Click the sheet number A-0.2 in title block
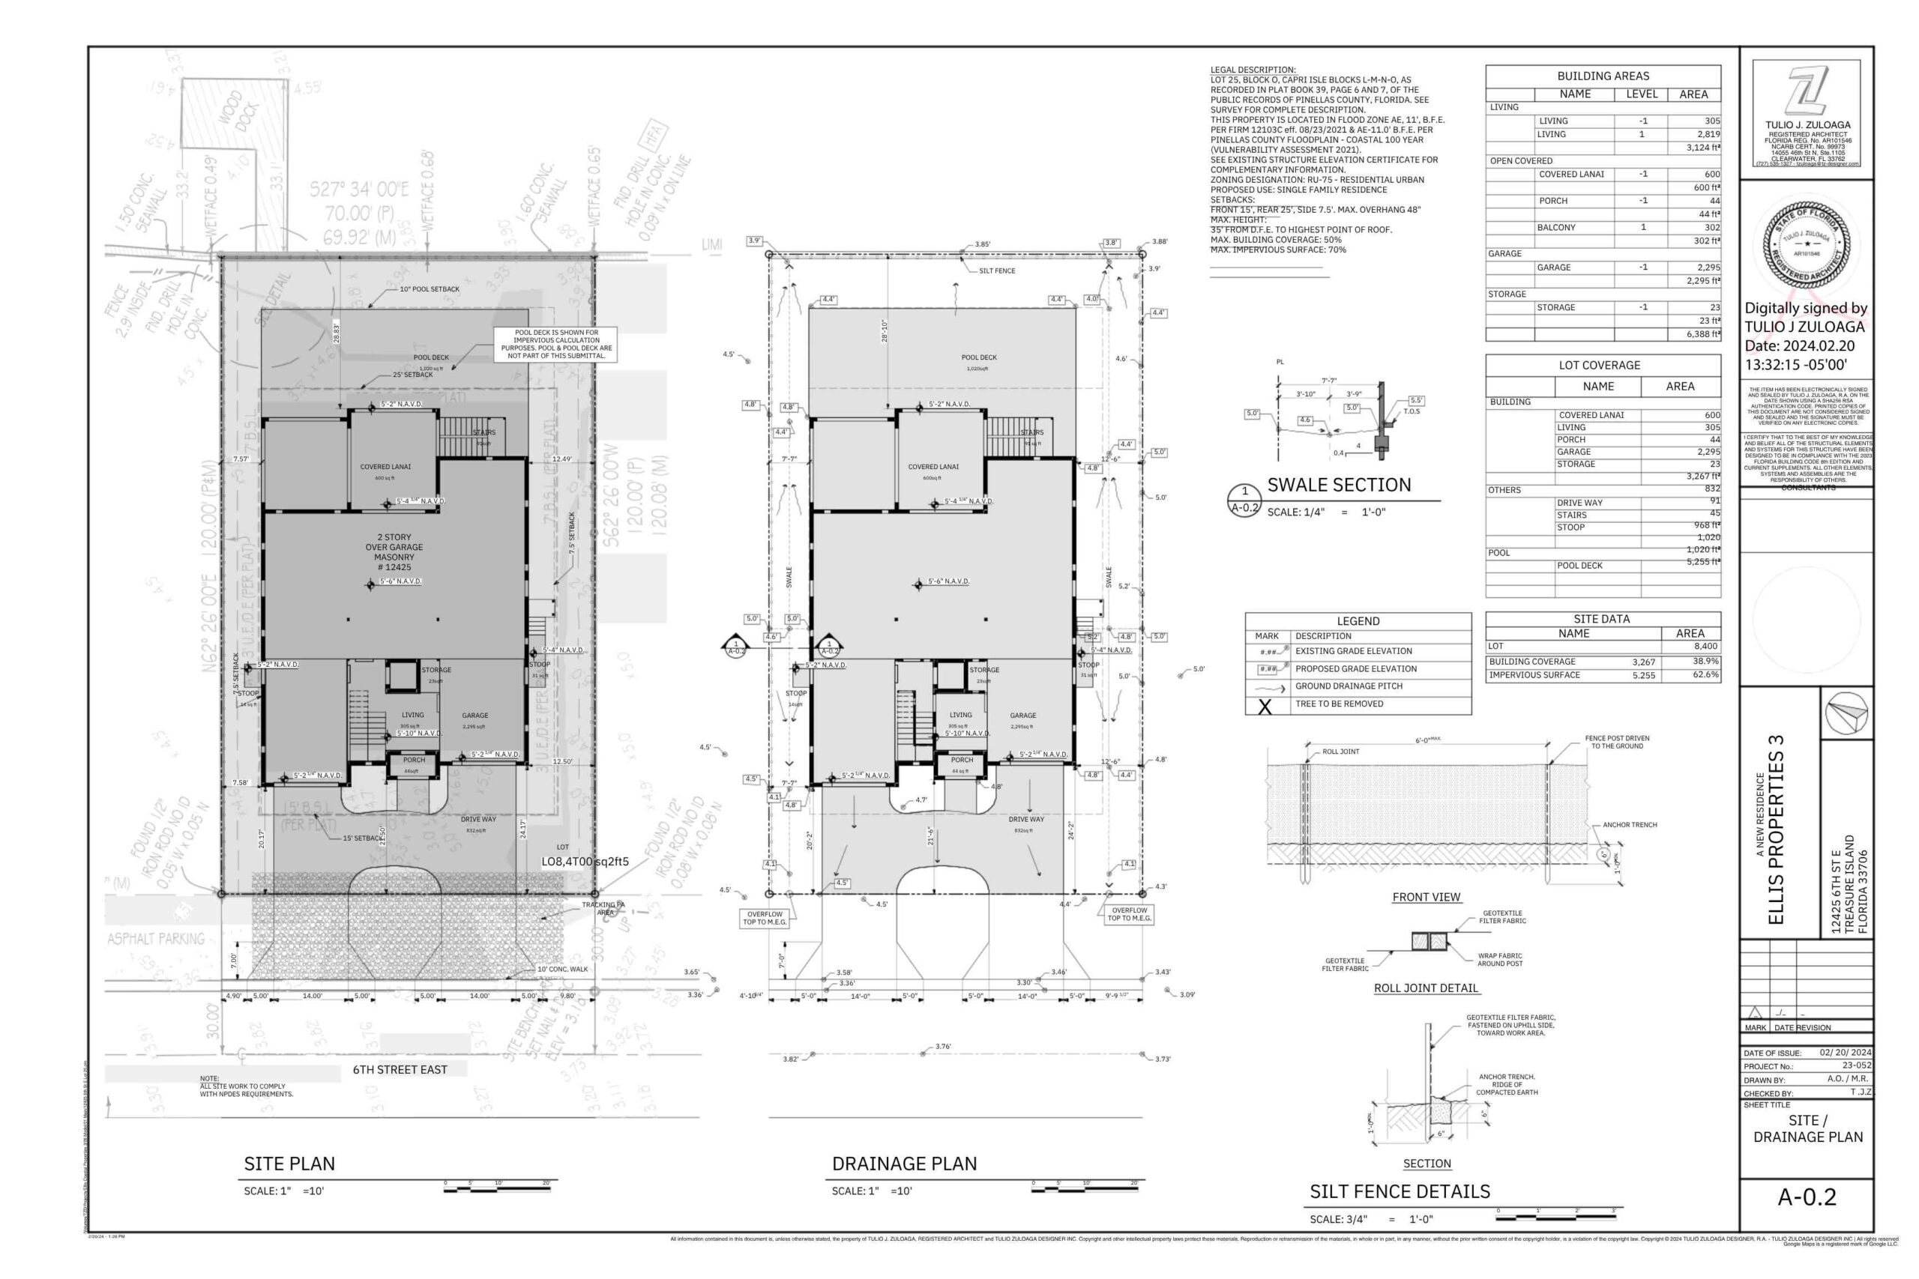(1807, 1197)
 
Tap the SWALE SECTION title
(1338, 486)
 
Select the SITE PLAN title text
(289, 1163)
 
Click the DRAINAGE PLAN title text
(904, 1163)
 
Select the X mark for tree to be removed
(1265, 706)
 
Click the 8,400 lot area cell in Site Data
(1705, 646)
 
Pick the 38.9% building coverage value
(1705, 662)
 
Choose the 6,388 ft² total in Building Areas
(1703, 334)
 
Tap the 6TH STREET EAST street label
(400, 1069)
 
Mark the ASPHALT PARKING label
(156, 939)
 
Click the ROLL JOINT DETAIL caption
(1425, 988)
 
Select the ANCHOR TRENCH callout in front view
(1630, 825)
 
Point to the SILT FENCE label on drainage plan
(997, 270)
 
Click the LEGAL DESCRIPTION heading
(1253, 70)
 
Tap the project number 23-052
(1856, 1065)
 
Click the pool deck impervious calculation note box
(555, 344)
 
